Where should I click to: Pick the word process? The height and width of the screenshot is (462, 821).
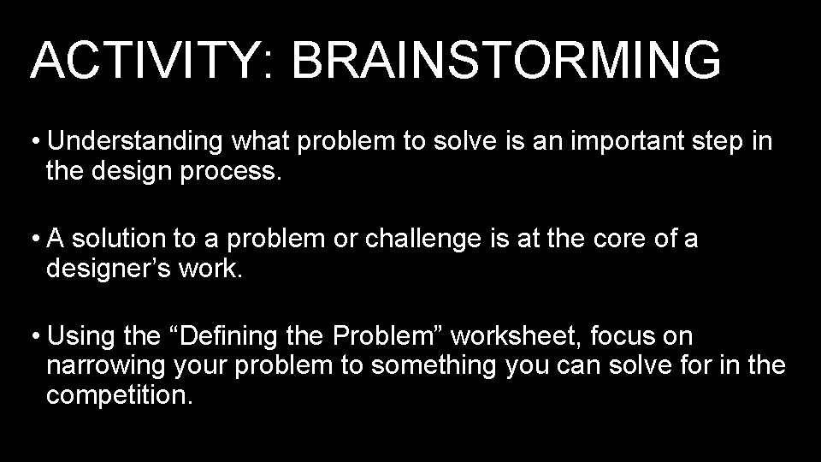click(x=230, y=174)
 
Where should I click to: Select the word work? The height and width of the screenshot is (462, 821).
click(x=221, y=270)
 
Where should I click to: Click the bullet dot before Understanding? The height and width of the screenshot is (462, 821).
click(x=37, y=142)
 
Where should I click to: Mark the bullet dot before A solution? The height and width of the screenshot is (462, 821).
click(x=37, y=240)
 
